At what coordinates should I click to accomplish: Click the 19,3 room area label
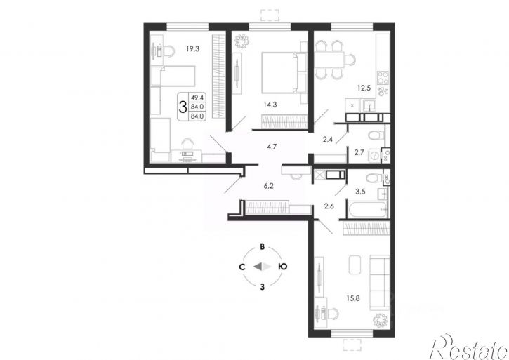(x=192, y=49)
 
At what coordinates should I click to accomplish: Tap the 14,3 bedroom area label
(x=270, y=105)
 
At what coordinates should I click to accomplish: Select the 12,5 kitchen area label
(x=364, y=88)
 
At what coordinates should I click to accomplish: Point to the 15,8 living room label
(x=353, y=298)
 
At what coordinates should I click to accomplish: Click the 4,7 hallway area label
(x=272, y=147)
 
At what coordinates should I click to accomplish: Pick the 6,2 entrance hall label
(x=268, y=186)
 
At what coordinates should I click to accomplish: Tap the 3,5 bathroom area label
(x=360, y=192)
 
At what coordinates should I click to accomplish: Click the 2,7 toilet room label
(x=359, y=152)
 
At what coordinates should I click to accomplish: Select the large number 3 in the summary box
(x=183, y=107)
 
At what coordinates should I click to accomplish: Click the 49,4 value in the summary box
(x=195, y=97)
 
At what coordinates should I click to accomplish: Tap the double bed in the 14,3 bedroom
(x=279, y=72)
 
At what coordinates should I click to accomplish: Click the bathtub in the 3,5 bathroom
(x=367, y=209)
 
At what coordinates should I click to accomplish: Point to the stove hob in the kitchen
(x=383, y=78)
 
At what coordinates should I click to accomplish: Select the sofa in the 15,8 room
(x=380, y=282)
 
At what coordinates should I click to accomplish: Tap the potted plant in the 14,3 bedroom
(x=242, y=41)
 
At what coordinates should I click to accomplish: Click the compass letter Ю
(x=283, y=267)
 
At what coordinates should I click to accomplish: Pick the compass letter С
(x=242, y=267)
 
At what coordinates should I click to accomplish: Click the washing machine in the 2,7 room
(x=375, y=156)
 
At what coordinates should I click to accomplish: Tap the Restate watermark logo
(x=469, y=347)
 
